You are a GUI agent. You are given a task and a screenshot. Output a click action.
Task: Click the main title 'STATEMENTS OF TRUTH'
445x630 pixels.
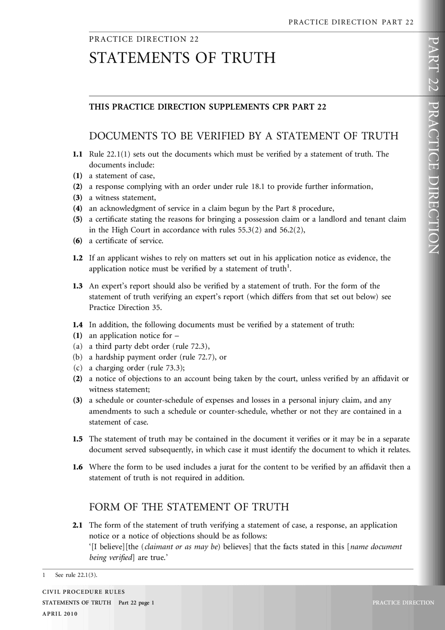pyautogui.click(x=182, y=58)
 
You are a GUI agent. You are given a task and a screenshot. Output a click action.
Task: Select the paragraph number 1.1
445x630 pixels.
pyautogui.click(x=78, y=154)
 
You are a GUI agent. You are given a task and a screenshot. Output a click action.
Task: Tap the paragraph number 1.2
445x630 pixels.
pyautogui.click(x=78, y=258)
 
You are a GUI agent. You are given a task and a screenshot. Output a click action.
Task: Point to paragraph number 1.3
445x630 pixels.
pyautogui.click(x=78, y=286)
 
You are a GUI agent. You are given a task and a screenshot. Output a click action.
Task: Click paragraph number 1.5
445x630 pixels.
pyautogui.click(x=78, y=439)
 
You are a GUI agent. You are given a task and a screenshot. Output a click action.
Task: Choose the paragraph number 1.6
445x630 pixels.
pyautogui.click(x=78, y=467)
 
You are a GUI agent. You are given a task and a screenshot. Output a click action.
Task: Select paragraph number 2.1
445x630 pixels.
pyautogui.click(x=78, y=525)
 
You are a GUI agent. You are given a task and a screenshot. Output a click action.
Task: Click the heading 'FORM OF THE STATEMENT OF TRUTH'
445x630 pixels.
pyautogui.click(x=189, y=507)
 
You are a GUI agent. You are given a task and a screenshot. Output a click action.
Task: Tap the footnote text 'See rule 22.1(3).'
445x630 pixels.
pyautogui.click(x=76, y=575)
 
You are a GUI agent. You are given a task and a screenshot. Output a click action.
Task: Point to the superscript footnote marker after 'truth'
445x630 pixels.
pyautogui.click(x=288, y=267)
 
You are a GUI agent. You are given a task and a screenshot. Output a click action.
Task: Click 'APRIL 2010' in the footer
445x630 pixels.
pyautogui.click(x=60, y=614)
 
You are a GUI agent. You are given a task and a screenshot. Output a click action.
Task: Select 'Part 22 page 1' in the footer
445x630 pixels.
pyautogui.click(x=136, y=603)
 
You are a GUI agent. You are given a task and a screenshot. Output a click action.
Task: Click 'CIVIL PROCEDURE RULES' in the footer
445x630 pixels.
pyautogui.click(x=83, y=592)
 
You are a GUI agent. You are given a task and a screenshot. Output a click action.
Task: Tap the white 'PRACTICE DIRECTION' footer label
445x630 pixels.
pyautogui.click(x=403, y=603)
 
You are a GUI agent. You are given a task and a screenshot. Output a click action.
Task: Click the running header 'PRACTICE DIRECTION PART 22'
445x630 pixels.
pyautogui.click(x=351, y=22)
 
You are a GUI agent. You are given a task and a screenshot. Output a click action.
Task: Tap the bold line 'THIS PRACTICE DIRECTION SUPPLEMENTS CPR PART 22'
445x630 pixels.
pyautogui.click(x=208, y=107)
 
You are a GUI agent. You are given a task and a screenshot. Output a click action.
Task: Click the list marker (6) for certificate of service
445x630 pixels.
pyautogui.click(x=78, y=241)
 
